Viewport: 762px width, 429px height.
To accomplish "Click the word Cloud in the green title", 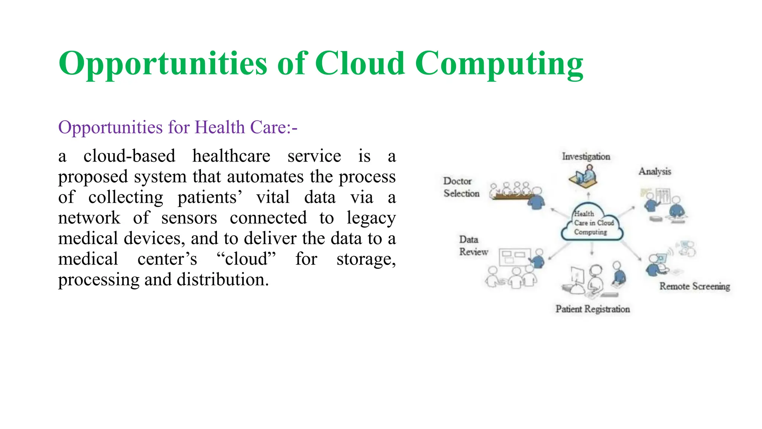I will [360, 63].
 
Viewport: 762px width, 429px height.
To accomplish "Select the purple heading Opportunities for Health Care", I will [177, 127].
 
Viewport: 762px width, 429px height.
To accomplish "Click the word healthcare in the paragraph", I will [231, 156].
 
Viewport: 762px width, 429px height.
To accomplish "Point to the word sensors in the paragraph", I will [189, 218].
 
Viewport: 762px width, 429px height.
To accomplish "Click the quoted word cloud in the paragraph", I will [246, 259].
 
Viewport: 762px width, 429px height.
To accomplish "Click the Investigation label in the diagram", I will [586, 156].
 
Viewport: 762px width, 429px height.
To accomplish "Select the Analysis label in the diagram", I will [655, 171].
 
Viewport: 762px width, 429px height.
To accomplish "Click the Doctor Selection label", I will [461, 187].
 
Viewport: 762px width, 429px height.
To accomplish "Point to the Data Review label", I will [473, 246].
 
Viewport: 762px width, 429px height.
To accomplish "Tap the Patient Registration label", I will [592, 309].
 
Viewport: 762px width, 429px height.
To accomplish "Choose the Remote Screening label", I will [694, 286].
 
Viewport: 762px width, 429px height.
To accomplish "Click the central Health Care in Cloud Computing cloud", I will [592, 223].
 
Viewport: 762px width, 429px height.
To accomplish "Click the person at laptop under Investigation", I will [584, 176].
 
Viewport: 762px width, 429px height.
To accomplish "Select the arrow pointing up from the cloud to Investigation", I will [588, 196].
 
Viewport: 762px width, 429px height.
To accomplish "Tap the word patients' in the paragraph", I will [209, 197].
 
